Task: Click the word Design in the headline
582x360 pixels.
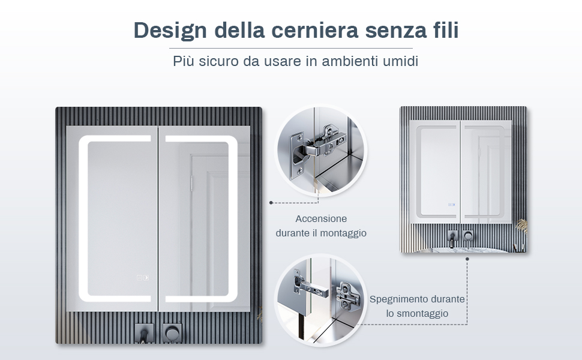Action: pos(170,30)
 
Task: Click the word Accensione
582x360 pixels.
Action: pos(321,218)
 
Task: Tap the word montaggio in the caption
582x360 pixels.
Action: pos(343,233)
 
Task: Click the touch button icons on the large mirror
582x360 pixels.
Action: pos(143,278)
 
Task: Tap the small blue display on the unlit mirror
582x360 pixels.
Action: pos(451,205)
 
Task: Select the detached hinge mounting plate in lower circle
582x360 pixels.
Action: pos(349,296)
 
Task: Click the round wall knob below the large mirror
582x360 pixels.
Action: pos(172,332)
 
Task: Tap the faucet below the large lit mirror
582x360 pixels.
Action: pos(144,334)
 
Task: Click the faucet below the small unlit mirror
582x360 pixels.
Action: pos(452,238)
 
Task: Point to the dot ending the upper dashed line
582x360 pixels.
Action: pos(271,203)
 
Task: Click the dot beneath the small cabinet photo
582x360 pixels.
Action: pos(467,259)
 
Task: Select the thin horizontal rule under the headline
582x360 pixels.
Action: pos(290,48)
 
